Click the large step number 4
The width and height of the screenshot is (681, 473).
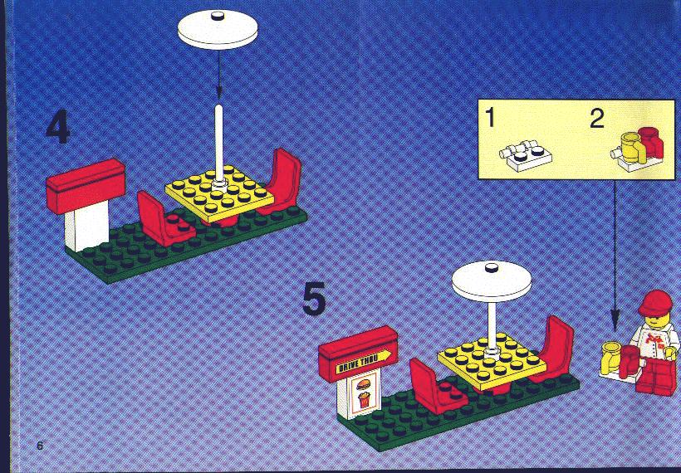tap(58, 127)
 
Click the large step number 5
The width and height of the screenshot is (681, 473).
tap(314, 299)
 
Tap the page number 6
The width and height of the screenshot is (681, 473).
tap(40, 446)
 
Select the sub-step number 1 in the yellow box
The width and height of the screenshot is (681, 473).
tap(490, 118)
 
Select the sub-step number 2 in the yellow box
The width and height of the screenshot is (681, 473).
tap(597, 119)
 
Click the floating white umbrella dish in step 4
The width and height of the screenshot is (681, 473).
tap(218, 29)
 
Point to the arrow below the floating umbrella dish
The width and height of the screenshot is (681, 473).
tap(219, 74)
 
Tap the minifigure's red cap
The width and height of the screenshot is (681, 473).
tap(655, 303)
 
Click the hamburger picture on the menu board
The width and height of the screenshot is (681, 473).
tap(363, 384)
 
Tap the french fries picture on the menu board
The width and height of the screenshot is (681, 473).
tap(364, 400)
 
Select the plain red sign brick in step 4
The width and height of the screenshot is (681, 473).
tap(86, 186)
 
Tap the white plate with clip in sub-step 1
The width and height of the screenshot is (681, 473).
tap(526, 156)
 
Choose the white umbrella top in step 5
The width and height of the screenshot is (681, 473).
tap(492, 281)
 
